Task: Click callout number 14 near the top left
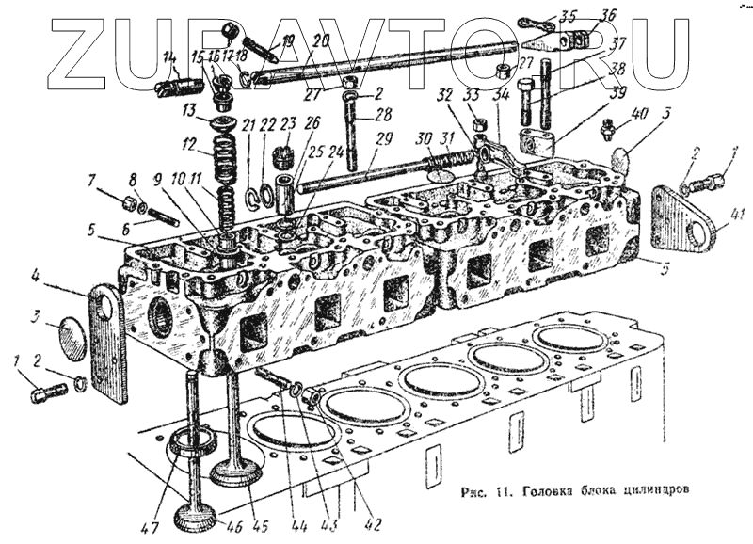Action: click(x=169, y=59)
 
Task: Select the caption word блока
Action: click(x=595, y=490)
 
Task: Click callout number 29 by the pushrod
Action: click(x=383, y=139)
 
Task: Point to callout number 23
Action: click(x=288, y=121)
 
